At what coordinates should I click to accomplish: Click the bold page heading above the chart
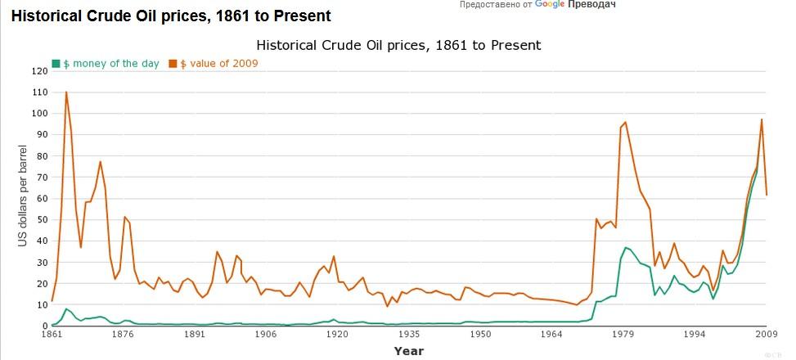point(171,16)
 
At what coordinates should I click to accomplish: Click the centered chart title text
point(398,45)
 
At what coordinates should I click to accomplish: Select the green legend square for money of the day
point(56,63)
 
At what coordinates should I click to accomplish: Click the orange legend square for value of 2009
point(173,63)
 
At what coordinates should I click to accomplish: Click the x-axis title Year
point(408,351)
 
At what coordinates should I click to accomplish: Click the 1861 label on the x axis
point(52,335)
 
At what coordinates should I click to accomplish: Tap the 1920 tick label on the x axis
point(337,335)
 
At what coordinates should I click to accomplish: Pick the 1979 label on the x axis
point(623,335)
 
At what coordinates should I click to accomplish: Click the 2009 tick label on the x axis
point(766,335)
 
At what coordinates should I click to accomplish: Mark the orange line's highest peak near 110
point(66,92)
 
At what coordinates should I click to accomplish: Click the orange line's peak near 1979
point(626,123)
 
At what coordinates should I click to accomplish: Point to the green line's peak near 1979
point(626,247)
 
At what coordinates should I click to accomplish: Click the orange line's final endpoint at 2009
point(767,195)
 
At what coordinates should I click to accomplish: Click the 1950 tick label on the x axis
point(480,335)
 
